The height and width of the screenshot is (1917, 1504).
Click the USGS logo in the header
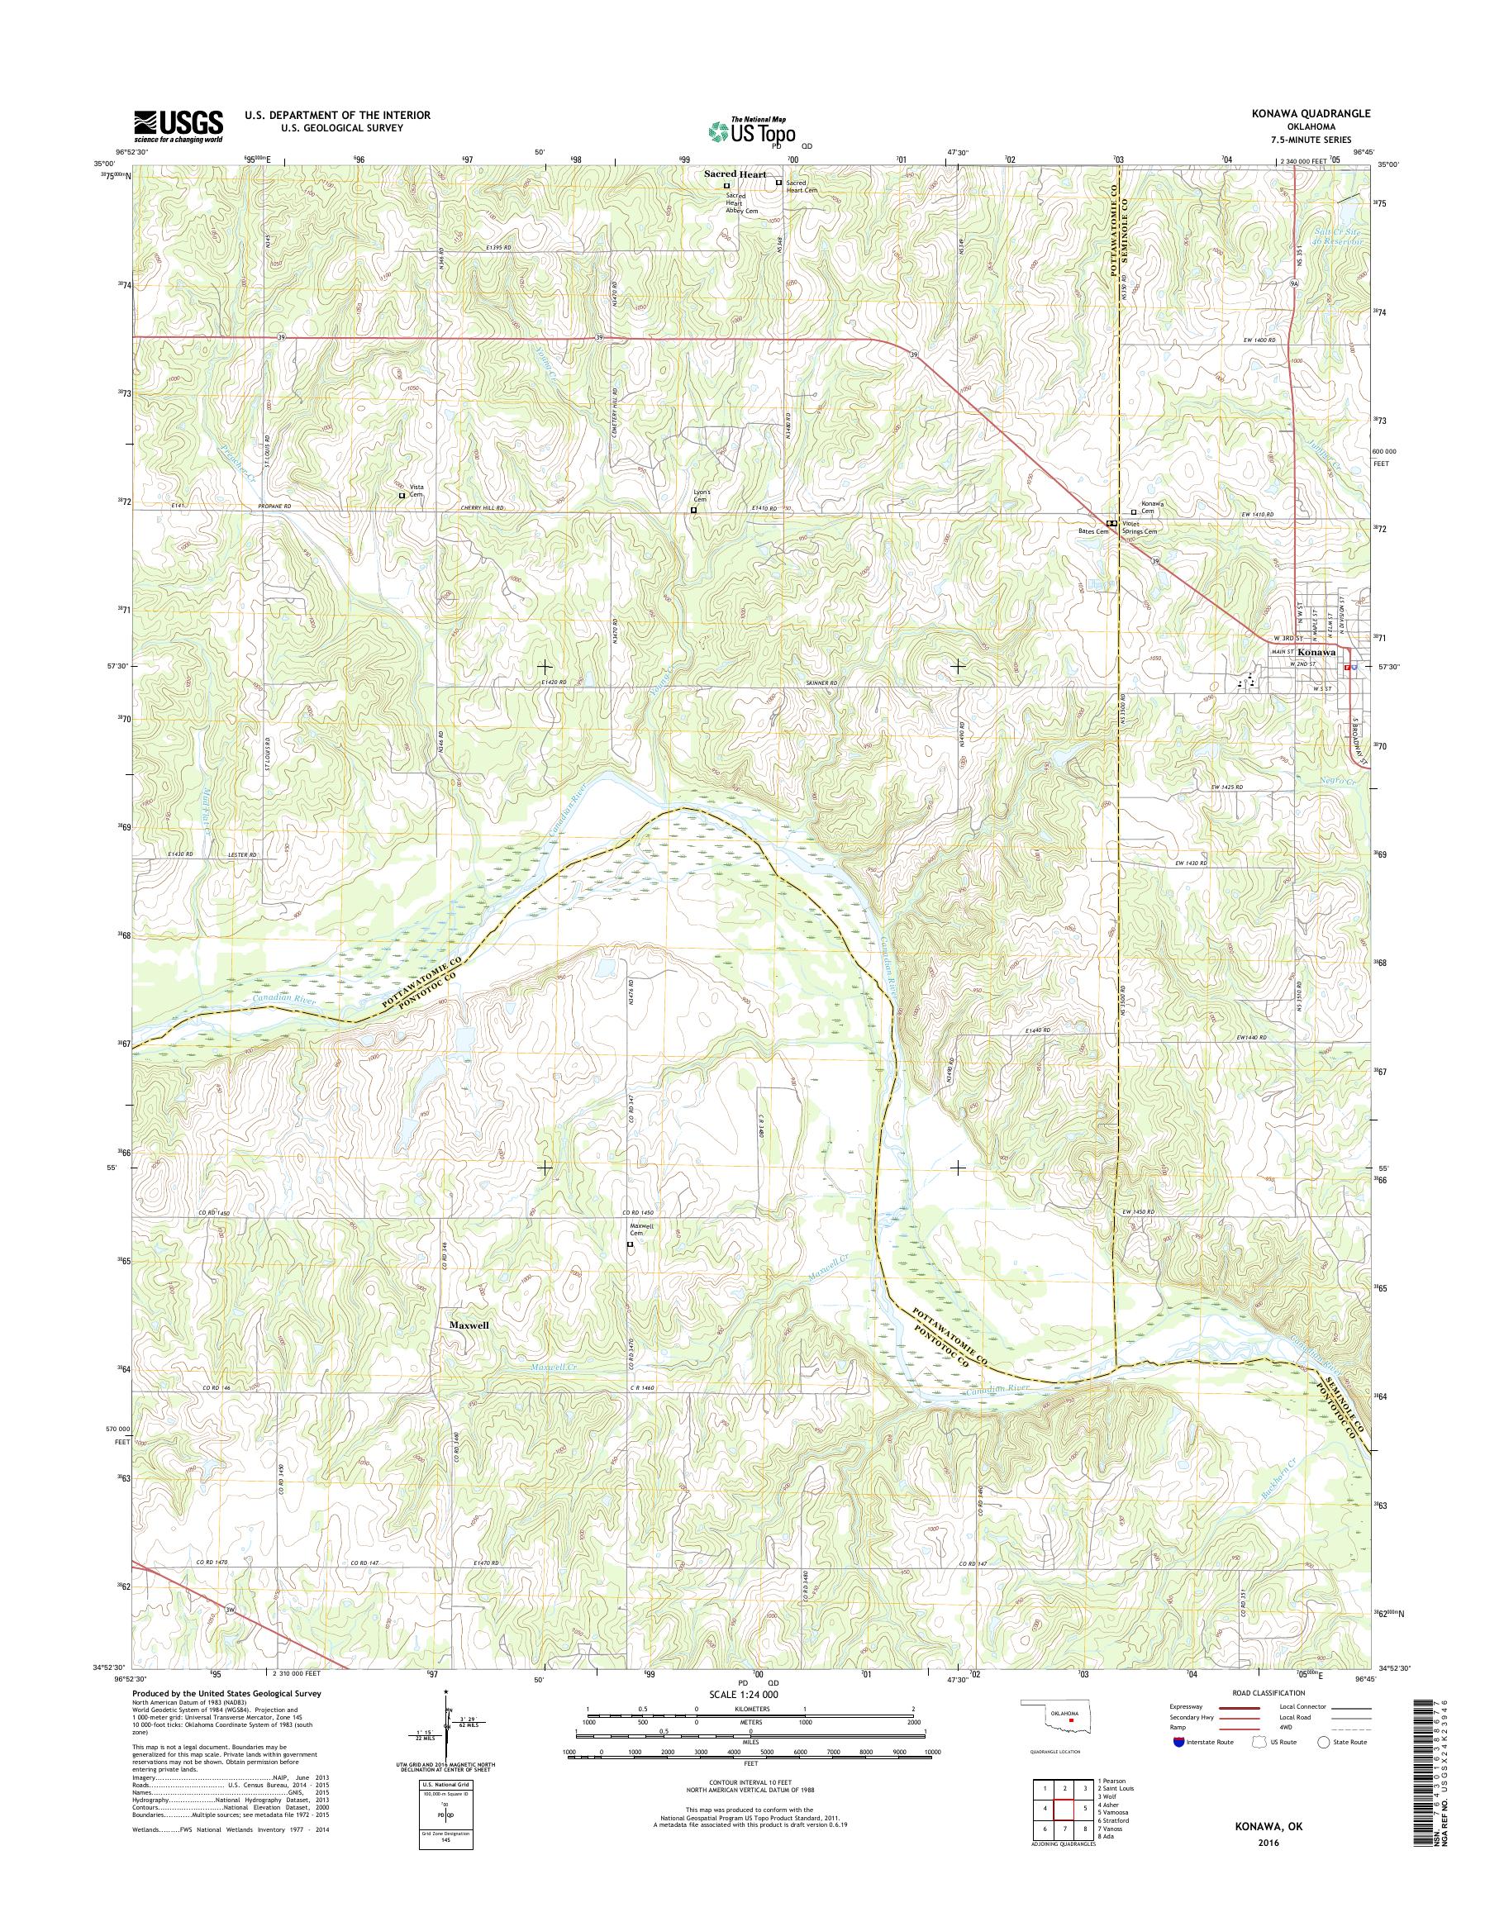(x=178, y=126)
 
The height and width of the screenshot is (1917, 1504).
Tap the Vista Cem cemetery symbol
(x=402, y=496)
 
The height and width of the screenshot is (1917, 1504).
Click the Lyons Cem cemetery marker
(x=693, y=510)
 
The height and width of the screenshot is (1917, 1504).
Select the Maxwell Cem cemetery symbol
(x=630, y=1245)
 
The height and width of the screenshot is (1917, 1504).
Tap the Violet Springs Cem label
(x=1138, y=527)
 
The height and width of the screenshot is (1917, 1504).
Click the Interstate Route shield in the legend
(x=1178, y=1742)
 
